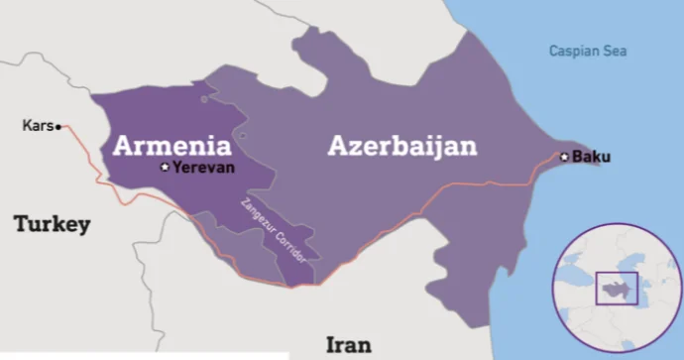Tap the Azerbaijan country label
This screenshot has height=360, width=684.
(x=402, y=145)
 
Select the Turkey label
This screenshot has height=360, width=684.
(x=52, y=224)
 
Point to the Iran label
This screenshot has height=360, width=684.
(x=349, y=344)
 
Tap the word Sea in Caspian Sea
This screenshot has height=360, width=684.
(x=619, y=52)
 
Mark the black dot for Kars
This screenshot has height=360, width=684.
(x=58, y=126)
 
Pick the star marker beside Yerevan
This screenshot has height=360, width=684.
(x=166, y=168)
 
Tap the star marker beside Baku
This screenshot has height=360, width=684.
(x=564, y=157)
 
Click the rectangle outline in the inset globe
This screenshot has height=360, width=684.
(x=616, y=287)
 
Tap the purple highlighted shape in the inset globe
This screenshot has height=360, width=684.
(x=617, y=287)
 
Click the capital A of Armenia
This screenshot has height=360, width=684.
(x=124, y=145)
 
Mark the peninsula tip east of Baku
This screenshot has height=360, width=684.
(x=599, y=162)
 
